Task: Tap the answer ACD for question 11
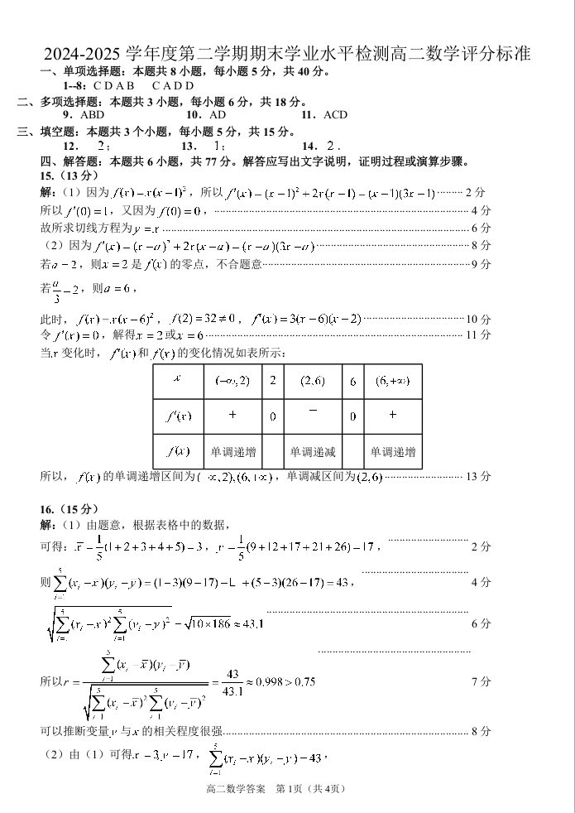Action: [x=334, y=115]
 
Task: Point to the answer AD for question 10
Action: [x=218, y=115]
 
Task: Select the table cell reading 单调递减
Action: [x=312, y=452]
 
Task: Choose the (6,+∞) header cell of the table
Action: [x=392, y=381]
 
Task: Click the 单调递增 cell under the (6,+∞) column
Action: [x=392, y=452]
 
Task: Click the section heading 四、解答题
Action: [x=68, y=161]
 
